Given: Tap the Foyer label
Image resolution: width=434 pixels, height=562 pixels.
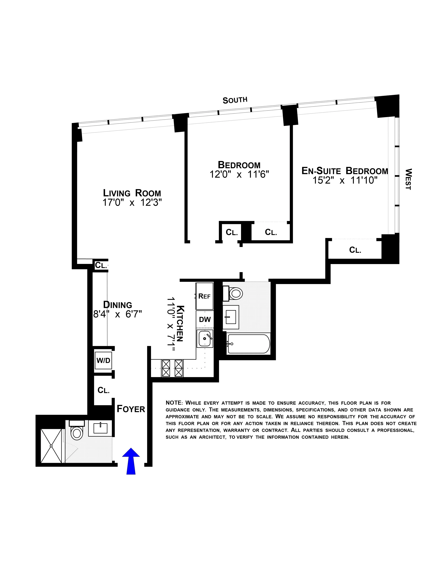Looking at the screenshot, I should pyautogui.click(x=131, y=409).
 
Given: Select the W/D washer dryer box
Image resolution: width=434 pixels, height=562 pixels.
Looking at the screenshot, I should pyautogui.click(x=103, y=360).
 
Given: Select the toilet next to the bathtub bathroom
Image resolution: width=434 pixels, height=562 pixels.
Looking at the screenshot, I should pyautogui.click(x=235, y=293).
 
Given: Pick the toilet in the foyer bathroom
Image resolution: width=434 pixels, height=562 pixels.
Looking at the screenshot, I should pyautogui.click(x=76, y=433).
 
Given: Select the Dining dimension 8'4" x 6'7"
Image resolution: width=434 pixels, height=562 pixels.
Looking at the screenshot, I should pyautogui.click(x=117, y=314).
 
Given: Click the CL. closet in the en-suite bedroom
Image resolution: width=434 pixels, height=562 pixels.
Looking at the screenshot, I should pyautogui.click(x=355, y=250).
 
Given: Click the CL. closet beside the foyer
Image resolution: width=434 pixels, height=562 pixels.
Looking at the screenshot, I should pyautogui.click(x=103, y=390).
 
